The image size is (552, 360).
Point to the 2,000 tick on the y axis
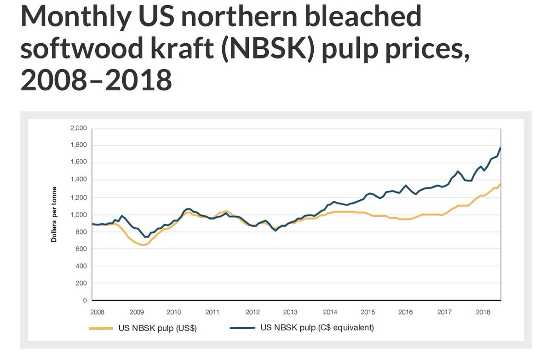tap(79, 128)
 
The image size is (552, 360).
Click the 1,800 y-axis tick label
tap(79, 145)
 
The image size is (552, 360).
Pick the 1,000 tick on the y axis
tap(79, 215)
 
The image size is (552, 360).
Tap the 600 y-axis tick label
tap(81, 249)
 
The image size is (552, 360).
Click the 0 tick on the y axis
tap(85, 301)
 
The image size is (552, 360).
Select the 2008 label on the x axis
tap(98, 312)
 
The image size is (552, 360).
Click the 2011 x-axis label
tap(212, 312)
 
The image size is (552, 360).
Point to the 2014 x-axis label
tap(330, 312)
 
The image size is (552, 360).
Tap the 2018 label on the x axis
tap(483, 312)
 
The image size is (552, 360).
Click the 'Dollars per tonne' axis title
tap(54, 215)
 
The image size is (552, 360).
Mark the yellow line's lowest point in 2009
tap(143, 245)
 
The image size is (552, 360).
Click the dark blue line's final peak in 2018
tap(500, 147)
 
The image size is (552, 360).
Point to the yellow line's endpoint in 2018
tap(500, 184)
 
